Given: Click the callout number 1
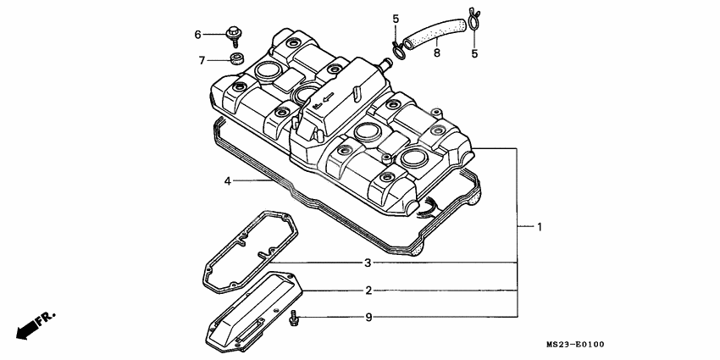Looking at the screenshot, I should tap(540, 227).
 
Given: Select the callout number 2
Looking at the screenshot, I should tap(368, 291).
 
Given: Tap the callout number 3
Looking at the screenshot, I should tap(368, 263).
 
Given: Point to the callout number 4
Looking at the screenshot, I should tap(227, 180).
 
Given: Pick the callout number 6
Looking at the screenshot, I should tap(198, 35).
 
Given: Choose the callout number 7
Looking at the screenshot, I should tap(202, 60).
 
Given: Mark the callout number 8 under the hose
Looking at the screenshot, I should tap(436, 53).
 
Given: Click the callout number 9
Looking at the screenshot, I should tap(368, 318).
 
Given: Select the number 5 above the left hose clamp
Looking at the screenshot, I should tap(395, 18).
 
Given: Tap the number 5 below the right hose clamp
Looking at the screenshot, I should tap(474, 53).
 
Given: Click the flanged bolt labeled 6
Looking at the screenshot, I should tap(231, 35).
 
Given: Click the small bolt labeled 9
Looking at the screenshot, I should tap(294, 318).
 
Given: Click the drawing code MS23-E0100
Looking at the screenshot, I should tap(575, 345).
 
